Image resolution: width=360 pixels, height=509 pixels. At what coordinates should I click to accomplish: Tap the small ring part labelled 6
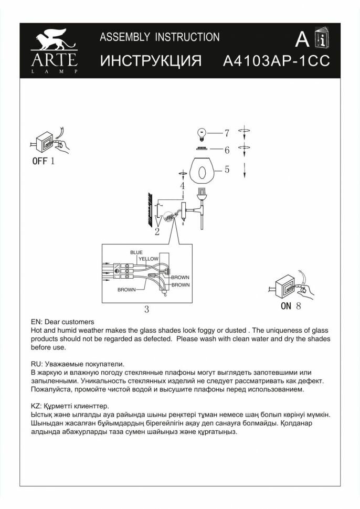[201, 149]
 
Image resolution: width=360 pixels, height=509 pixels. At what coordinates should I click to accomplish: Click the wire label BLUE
[136, 252]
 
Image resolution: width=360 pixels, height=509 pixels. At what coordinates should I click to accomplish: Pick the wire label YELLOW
[149, 259]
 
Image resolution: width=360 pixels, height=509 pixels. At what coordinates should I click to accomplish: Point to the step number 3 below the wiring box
[146, 310]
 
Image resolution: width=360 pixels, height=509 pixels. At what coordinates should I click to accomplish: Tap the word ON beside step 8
[286, 307]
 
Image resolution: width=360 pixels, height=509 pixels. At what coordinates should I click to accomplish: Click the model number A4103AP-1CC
[276, 61]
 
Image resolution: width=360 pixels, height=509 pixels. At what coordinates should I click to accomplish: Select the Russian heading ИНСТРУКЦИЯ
[151, 61]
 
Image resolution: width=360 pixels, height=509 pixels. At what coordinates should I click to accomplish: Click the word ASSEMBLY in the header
[123, 37]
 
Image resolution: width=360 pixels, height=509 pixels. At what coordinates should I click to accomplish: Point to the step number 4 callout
[182, 186]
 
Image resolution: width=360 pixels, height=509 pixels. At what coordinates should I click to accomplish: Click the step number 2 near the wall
[157, 232]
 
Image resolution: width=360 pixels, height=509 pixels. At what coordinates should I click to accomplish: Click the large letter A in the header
[302, 38]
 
